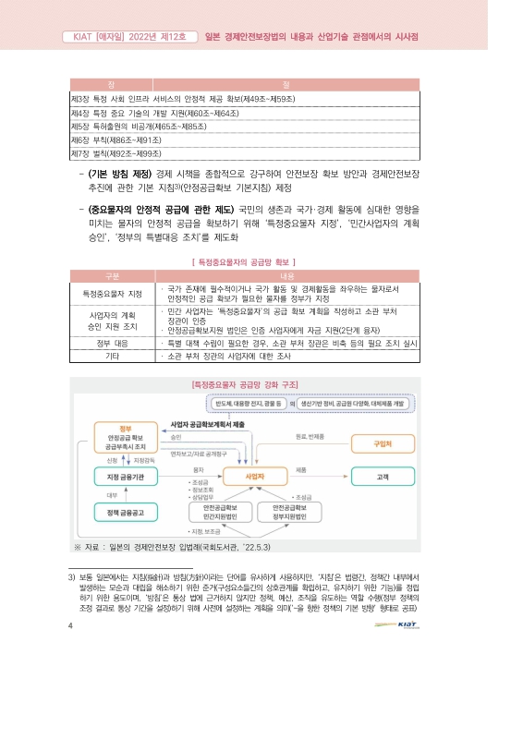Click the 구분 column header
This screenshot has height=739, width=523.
pos(112,275)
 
